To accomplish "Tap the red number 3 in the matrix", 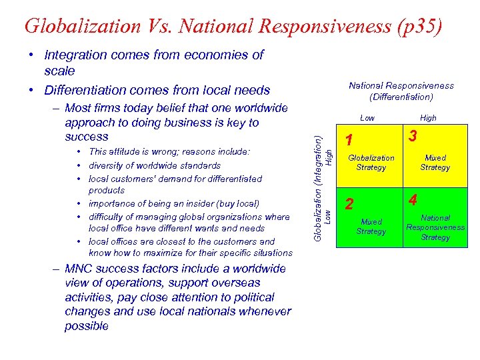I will [413, 136].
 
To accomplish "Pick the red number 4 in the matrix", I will [413, 199].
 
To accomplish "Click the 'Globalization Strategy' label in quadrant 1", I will [371, 163].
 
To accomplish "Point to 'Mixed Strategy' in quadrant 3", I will [435, 163].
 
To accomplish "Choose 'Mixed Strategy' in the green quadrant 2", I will [371, 227].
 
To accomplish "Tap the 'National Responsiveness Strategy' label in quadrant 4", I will [435, 227].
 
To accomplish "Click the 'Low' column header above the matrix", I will [367, 118].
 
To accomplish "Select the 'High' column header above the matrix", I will [428, 118].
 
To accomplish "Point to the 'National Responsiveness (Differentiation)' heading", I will [401, 91].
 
